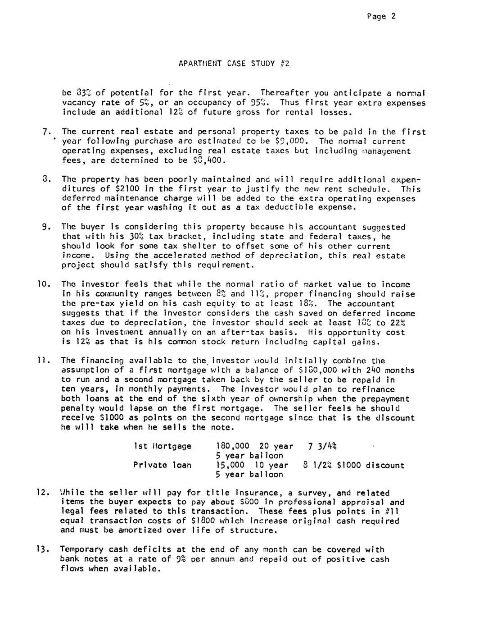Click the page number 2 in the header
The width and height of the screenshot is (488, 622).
(393, 17)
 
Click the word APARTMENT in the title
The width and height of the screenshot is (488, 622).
(199, 64)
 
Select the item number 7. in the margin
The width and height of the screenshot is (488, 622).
(45, 132)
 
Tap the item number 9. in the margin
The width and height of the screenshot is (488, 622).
(45, 227)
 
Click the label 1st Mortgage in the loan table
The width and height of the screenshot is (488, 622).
(163, 446)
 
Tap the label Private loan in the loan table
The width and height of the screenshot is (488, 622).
(163, 465)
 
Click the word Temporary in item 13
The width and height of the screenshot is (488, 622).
(81, 549)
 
